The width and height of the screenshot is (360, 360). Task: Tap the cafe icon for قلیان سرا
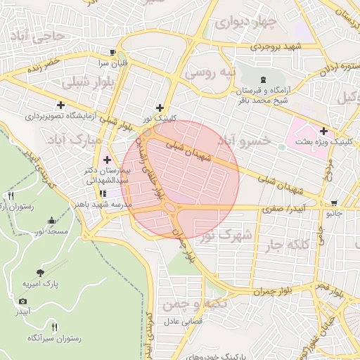(112, 52)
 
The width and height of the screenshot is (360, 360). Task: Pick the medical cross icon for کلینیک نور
(160, 108)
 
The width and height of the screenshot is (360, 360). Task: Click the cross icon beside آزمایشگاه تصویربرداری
(61, 105)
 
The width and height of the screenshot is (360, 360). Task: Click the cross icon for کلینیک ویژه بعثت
(323, 130)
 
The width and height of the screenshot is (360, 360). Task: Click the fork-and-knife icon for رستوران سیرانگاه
(55, 327)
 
